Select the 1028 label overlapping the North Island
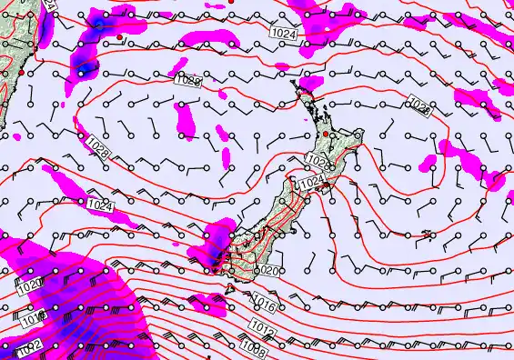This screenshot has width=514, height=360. (x=317, y=161)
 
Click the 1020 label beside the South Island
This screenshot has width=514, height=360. (x=267, y=270)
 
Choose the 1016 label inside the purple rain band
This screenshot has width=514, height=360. (x=33, y=319)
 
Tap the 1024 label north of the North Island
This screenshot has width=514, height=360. (x=283, y=33)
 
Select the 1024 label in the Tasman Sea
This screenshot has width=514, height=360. (x=102, y=206)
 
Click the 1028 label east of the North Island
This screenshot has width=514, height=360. (x=420, y=106)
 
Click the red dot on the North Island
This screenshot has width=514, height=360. (x=331, y=135)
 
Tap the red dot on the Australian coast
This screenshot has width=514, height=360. (x=21, y=72)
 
